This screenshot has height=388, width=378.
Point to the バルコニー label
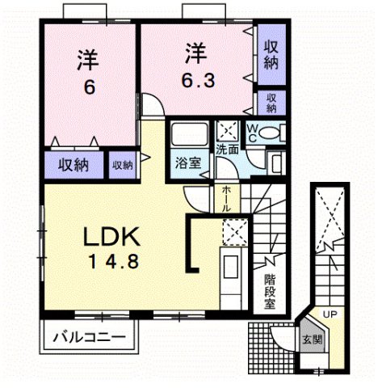[89, 335]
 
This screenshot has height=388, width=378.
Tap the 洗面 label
[226, 150]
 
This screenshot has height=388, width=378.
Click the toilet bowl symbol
[271, 133]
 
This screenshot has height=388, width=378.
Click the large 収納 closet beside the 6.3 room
[271, 55]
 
